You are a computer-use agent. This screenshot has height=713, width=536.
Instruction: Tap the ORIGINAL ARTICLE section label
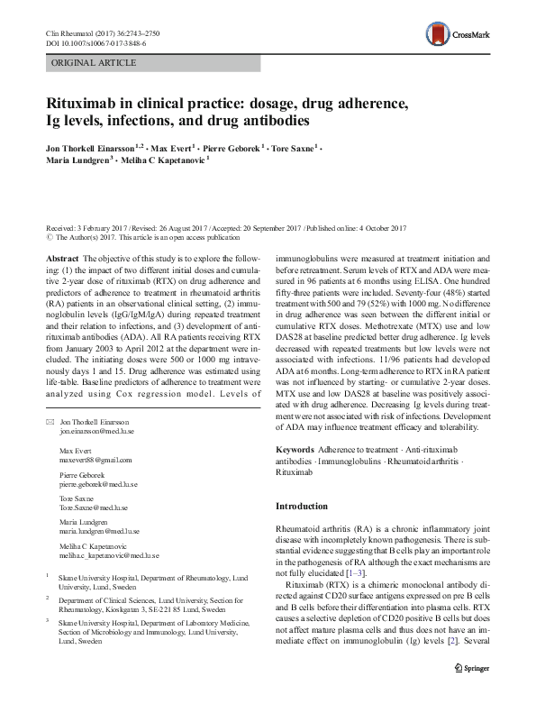(94, 62)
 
